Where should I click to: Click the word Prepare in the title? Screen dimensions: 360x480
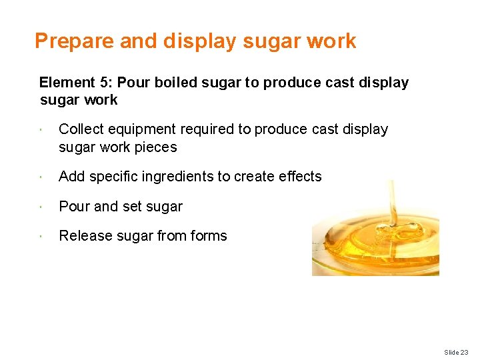(75, 41)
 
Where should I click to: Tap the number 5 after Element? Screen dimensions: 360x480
(105, 83)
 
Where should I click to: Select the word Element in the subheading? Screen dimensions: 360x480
(67, 83)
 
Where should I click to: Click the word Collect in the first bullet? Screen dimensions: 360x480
(80, 129)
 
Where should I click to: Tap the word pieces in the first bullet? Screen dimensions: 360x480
(156, 147)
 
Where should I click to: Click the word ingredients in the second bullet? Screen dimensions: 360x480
(183, 177)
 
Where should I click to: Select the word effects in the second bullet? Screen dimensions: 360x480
(298, 177)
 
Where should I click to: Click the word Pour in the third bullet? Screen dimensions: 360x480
(74, 207)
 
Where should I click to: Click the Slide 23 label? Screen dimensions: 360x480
(456, 352)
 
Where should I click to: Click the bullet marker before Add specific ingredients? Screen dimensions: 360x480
(41, 177)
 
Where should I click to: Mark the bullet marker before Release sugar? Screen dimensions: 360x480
(41, 236)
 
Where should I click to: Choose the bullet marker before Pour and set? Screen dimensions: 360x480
(41, 207)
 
